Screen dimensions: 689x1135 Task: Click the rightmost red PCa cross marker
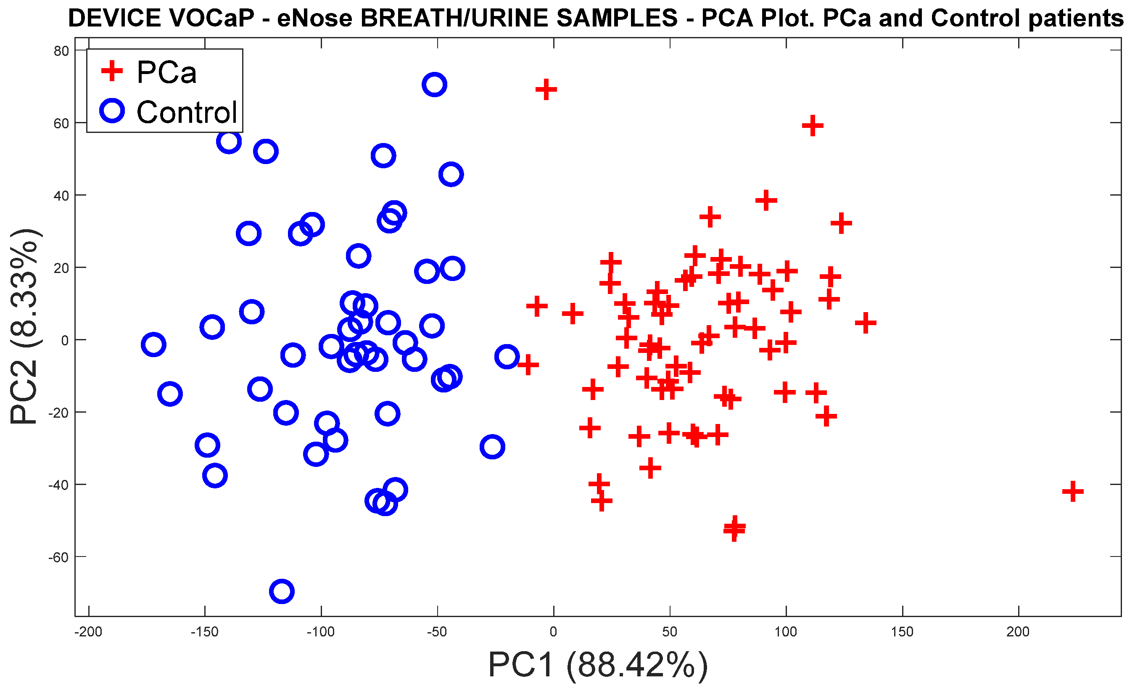(1072, 491)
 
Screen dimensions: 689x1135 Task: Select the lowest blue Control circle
(282, 591)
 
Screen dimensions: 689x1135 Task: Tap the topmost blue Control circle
(434, 85)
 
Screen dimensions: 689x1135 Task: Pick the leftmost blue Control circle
(153, 344)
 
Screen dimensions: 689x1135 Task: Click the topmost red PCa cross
(546, 89)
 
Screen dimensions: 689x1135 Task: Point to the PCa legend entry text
(166, 72)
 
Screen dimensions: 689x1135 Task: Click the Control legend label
(187, 112)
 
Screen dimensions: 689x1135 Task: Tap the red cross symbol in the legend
(112, 71)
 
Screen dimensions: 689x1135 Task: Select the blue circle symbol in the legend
(112, 111)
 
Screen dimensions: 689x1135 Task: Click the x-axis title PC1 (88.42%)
(597, 665)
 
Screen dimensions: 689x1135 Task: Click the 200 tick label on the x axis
(1018, 631)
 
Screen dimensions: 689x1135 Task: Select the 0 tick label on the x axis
(553, 631)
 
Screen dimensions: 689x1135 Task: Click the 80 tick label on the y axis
(61, 51)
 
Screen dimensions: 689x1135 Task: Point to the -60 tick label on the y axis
(58, 558)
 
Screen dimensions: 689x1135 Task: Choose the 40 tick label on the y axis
(61, 196)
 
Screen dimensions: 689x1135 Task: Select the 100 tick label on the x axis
(785, 631)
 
